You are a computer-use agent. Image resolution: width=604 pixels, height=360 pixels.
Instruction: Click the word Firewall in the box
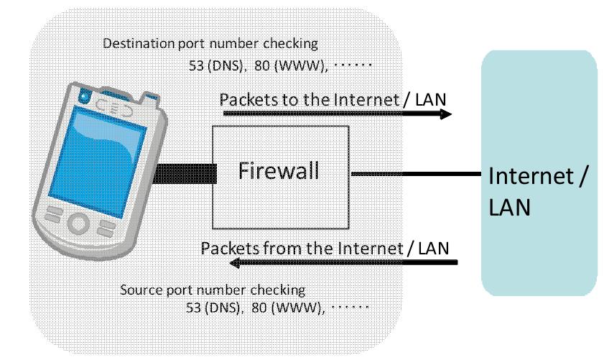pyautogui.click(x=279, y=170)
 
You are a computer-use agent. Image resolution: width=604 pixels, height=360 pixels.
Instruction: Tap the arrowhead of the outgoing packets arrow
pyautogui.click(x=446, y=114)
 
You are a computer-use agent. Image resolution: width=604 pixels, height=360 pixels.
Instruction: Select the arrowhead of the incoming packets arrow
pyautogui.click(x=235, y=263)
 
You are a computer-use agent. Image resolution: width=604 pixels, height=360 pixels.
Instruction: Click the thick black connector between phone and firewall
pyautogui.click(x=185, y=173)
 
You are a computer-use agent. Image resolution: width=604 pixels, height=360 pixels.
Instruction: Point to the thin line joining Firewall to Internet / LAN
pyautogui.click(x=417, y=174)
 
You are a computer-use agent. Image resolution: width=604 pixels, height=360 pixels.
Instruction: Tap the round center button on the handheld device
pyautogui.click(x=78, y=223)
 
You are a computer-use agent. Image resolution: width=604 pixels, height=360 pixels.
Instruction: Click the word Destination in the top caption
pyautogui.click(x=139, y=43)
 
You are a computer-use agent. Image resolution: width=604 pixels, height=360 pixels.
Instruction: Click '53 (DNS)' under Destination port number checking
pyautogui.click(x=215, y=65)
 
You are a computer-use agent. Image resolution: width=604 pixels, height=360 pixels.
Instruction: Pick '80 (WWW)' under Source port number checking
pyautogui.click(x=288, y=308)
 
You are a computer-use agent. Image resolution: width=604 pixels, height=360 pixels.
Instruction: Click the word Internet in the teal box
pyautogui.click(x=531, y=176)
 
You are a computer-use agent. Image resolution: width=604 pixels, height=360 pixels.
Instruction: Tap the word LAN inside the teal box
pyautogui.click(x=509, y=207)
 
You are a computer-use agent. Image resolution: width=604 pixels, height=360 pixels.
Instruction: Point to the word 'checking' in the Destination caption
pyautogui.click(x=290, y=44)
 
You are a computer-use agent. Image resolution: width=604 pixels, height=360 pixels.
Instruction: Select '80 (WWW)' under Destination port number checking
pyautogui.click(x=291, y=65)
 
